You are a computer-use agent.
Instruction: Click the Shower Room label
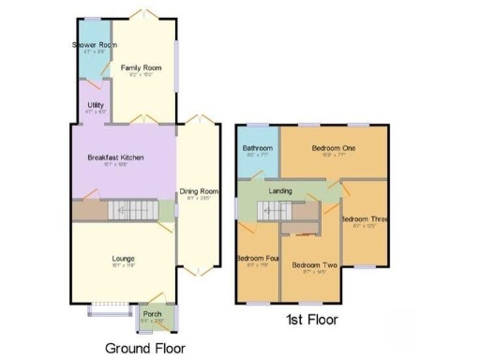(95, 45)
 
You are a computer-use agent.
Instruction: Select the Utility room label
(96, 105)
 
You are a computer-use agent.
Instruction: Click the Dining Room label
(198, 191)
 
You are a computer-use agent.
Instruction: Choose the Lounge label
(123, 258)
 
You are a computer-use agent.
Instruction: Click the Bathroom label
(258, 148)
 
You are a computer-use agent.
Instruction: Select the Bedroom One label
(334, 148)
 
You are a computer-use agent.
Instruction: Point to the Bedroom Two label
(314, 265)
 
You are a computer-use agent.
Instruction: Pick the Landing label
(280, 191)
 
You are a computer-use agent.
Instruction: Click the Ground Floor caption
(145, 347)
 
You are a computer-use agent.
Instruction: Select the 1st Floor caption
(311, 320)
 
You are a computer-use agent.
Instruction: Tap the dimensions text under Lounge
(123, 266)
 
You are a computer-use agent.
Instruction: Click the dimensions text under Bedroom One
(334, 157)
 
